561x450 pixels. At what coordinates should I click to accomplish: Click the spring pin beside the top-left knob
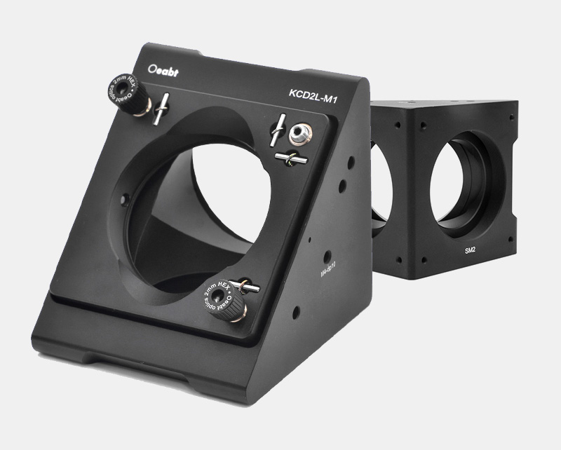163,107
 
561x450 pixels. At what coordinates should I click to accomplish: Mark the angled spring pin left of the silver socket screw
280,130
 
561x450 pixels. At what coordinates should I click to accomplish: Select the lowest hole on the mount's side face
298,309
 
